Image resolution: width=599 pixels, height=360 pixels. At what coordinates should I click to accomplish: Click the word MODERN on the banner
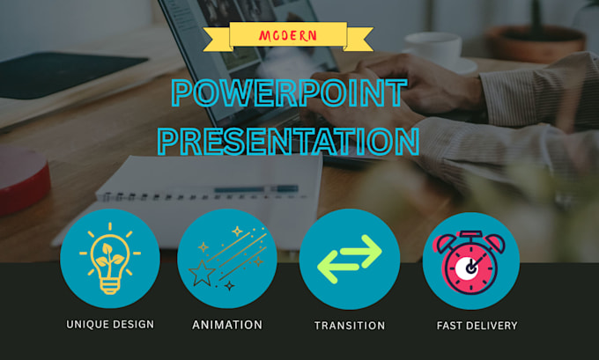[288, 36]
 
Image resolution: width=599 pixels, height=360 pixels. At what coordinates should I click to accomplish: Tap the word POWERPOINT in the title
[289, 92]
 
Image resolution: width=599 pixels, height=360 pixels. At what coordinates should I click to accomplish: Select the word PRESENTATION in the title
[289, 141]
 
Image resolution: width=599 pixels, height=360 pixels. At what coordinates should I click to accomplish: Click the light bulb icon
[110, 259]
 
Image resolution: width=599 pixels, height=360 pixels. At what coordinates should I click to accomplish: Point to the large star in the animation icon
[202, 273]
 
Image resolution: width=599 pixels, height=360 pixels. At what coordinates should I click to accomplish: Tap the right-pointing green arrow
[361, 251]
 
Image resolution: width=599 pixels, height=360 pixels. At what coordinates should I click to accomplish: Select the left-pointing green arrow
[337, 267]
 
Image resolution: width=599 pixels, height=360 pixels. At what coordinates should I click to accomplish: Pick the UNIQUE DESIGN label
[110, 325]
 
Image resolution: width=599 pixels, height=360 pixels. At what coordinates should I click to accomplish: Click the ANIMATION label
[227, 325]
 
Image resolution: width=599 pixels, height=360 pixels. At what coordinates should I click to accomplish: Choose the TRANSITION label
[350, 326]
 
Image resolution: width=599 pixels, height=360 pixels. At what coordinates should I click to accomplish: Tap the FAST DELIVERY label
[477, 326]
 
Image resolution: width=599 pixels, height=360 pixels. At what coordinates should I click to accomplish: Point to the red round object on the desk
[24, 179]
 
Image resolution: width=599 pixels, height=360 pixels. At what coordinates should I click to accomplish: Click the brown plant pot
[536, 44]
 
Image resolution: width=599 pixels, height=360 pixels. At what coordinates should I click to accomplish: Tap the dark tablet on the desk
[69, 75]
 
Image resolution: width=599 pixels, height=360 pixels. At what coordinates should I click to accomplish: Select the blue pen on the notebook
[256, 189]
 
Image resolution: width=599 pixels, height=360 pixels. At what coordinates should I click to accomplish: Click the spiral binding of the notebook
[201, 196]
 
